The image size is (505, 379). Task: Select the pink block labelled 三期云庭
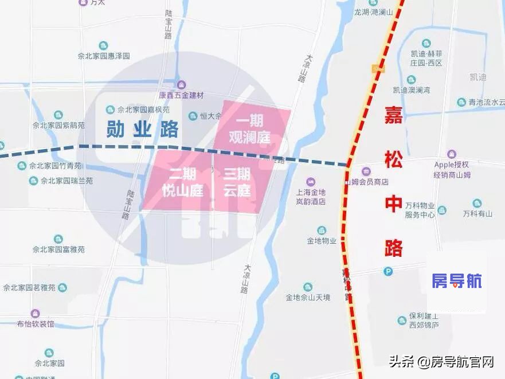tap(237, 182)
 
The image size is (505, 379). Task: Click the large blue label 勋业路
tap(142, 130)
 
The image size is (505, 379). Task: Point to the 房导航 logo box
tap(456, 281)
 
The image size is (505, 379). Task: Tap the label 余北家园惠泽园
tap(104, 56)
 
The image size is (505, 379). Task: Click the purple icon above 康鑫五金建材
tap(181, 85)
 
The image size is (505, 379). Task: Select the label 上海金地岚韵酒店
tap(311, 197)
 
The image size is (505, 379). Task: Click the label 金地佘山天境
tap(308, 297)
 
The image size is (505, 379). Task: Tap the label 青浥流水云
tap(484, 103)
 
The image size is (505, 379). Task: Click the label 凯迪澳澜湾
tap(412, 90)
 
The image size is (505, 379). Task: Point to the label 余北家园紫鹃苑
tap(58, 124)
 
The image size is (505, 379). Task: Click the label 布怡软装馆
tap(36, 323)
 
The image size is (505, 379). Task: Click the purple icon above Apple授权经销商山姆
tap(452, 154)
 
